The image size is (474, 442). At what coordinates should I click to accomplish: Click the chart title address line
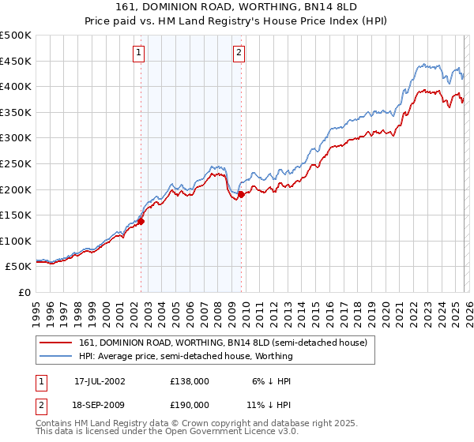236,9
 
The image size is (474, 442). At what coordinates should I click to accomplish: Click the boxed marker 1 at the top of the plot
139,53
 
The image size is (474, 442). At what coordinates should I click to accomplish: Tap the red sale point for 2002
141,222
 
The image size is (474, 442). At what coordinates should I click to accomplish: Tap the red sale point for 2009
240,194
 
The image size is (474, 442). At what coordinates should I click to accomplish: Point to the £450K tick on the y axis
16,61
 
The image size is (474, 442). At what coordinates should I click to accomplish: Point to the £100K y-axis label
16,241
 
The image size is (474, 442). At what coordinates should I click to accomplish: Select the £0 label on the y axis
24,292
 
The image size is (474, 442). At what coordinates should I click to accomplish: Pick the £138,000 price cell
190,380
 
